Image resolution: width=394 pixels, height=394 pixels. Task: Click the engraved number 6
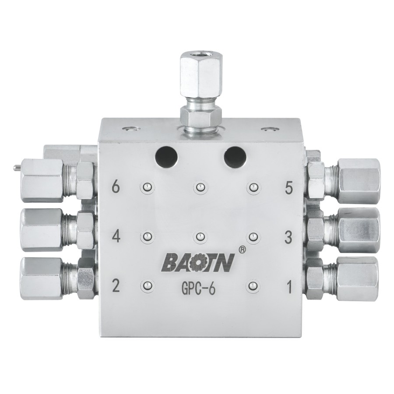[x=116, y=186]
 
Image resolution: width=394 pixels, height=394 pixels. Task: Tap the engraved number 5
[x=289, y=188]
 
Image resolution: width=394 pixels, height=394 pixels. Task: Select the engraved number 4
[x=116, y=236]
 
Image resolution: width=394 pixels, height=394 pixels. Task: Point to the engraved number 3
[x=288, y=237]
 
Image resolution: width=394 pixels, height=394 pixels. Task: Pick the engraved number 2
[x=116, y=286]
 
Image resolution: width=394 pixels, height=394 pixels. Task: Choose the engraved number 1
[x=289, y=287]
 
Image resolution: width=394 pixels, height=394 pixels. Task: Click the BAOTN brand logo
[x=198, y=262]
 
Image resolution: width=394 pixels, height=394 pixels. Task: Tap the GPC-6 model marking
[x=198, y=289]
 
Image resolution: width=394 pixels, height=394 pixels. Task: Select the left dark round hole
[x=166, y=158]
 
